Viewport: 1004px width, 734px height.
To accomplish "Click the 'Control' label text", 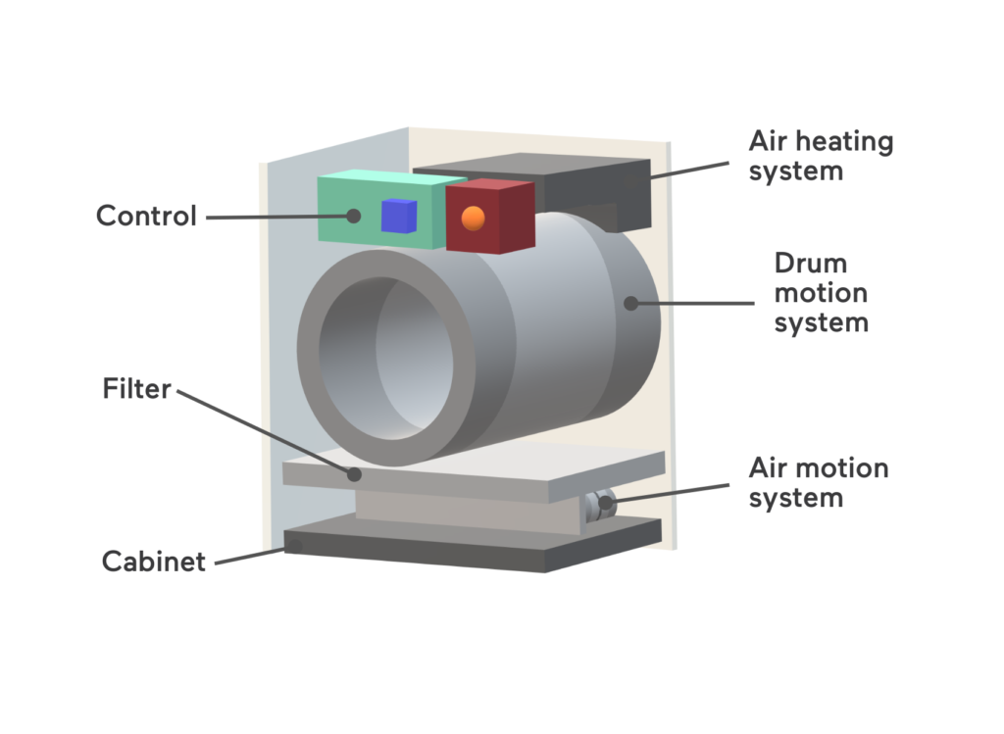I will pyautogui.click(x=146, y=216).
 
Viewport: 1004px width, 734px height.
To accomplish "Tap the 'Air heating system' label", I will pyautogui.click(x=821, y=156).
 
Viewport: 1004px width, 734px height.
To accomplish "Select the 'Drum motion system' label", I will pyautogui.click(x=821, y=292).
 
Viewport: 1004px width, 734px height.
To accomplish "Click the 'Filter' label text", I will pyautogui.click(x=136, y=389).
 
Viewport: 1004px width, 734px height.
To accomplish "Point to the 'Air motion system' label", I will pyautogui.click(x=818, y=482).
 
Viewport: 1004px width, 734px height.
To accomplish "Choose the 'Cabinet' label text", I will pyautogui.click(x=154, y=562).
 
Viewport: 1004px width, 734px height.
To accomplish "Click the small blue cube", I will pyautogui.click(x=399, y=216).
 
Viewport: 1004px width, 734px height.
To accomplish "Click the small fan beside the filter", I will pyautogui.click(x=599, y=504).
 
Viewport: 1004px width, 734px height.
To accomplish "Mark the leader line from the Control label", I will pyautogui.click(x=275, y=216).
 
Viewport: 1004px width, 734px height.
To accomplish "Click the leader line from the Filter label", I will pyautogui.click(x=265, y=432).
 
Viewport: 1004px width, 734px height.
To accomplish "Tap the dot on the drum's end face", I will pyautogui.click(x=630, y=304).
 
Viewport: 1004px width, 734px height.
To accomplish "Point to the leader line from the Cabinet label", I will pyautogui.click(x=250, y=556).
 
